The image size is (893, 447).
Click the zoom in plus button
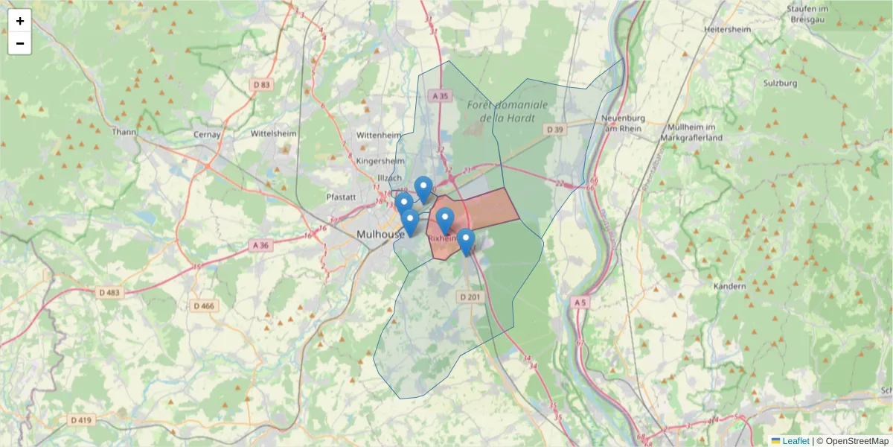(20, 21)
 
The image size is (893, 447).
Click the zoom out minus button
(20, 43)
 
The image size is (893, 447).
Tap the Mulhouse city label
(380, 234)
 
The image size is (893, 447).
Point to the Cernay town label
(207, 135)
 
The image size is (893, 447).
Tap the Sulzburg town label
(780, 83)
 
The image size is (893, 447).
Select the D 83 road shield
(262, 85)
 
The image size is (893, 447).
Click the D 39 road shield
(554, 130)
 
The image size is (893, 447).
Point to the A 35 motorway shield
(441, 96)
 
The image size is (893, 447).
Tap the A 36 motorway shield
(260, 245)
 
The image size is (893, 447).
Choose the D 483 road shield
(107, 293)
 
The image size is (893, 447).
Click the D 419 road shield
(81, 420)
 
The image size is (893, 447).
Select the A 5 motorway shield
(581, 302)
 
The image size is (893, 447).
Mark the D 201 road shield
(471, 297)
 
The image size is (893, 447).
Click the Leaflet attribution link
(796, 441)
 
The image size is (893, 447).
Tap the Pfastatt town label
(342, 197)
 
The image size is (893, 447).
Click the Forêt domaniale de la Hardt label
(508, 111)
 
